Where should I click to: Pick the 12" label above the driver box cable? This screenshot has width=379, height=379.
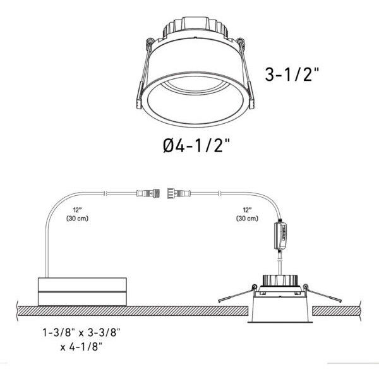click(x=76, y=210)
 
